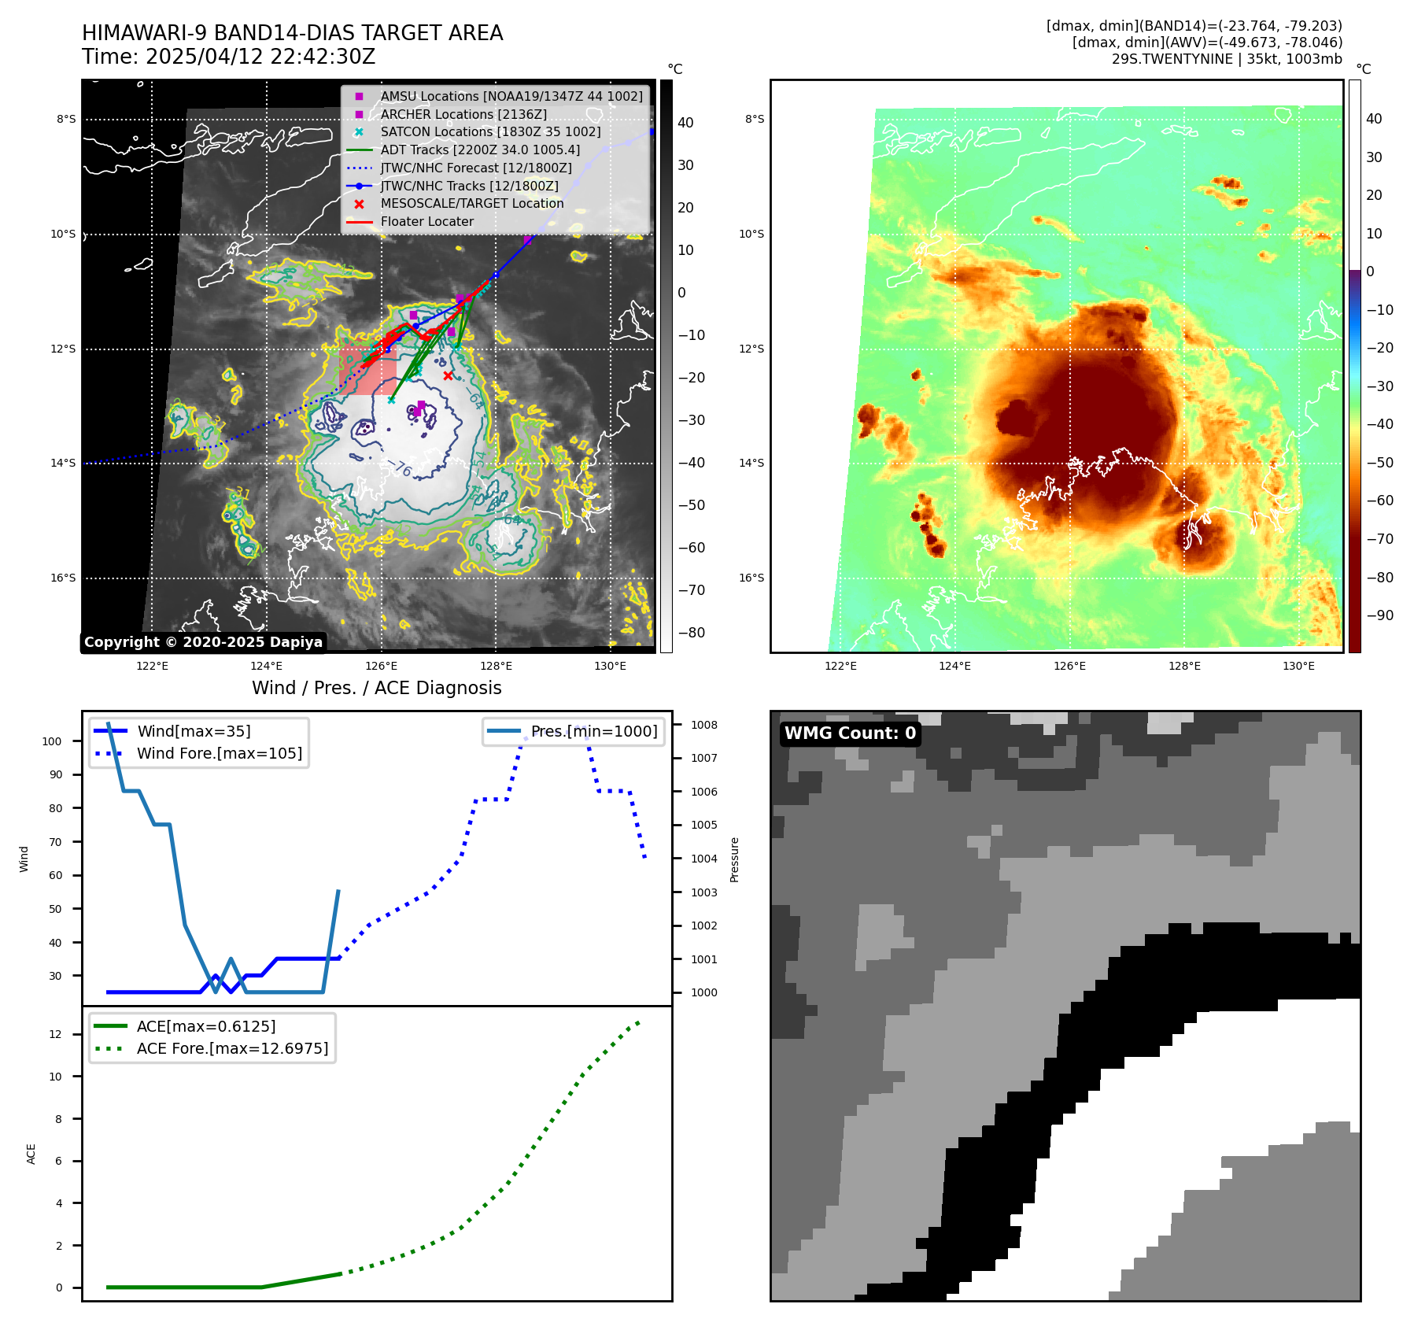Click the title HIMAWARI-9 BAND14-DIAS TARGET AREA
point(292,33)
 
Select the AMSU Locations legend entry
point(511,96)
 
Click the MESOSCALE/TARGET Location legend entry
point(471,203)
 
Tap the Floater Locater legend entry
point(426,221)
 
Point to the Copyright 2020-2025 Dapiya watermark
point(203,642)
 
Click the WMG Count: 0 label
point(850,733)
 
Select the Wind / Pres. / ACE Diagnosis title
point(376,688)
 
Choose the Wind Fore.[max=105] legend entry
point(219,753)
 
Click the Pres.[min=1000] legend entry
point(593,731)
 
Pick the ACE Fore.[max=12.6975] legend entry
point(232,1048)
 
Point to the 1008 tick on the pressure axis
point(704,725)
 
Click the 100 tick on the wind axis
point(52,741)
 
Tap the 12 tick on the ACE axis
point(55,1034)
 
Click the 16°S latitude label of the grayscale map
point(64,578)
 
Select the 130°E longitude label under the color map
point(1298,666)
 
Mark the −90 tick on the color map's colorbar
point(1380,615)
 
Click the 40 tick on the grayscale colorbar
point(685,123)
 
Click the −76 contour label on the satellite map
point(401,468)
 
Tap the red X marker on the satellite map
point(448,375)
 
